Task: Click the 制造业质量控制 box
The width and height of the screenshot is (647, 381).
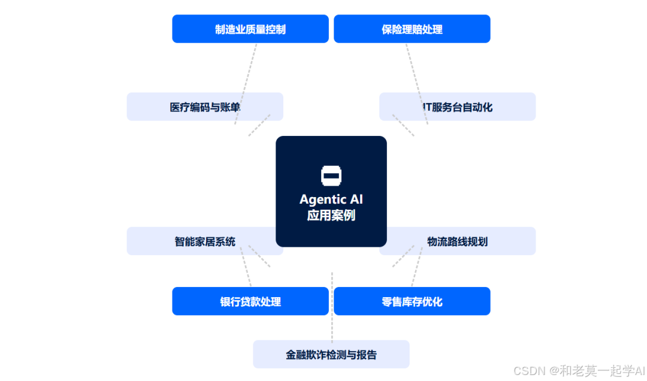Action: click(250, 29)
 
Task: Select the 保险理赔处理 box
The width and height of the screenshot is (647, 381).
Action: click(412, 29)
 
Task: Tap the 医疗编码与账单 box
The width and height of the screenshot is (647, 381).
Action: click(205, 107)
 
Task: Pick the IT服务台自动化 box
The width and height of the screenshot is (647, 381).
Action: click(458, 107)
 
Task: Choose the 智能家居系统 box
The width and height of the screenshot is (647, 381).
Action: click(205, 241)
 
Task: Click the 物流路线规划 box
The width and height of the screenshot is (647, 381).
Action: click(458, 241)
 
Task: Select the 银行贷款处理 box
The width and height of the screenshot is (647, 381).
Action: click(250, 301)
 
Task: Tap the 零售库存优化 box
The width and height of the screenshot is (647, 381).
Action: click(412, 301)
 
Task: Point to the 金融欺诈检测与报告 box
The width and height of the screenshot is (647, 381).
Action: click(331, 354)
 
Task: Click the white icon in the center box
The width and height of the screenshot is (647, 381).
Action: click(331, 175)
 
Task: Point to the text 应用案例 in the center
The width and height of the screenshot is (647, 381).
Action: click(331, 215)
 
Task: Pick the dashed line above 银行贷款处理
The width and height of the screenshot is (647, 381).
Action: click(246, 270)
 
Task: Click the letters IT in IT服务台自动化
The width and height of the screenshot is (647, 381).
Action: click(427, 107)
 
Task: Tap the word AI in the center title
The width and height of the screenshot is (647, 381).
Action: click(356, 199)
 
